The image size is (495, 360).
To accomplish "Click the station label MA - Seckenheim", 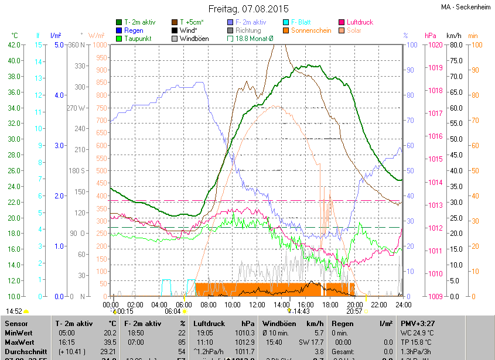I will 467,7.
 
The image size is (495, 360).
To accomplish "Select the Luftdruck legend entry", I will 359,22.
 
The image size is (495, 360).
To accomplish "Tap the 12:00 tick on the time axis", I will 257,305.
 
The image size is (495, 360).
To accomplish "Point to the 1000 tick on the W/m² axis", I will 99,44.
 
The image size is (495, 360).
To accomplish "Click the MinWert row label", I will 18,332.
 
